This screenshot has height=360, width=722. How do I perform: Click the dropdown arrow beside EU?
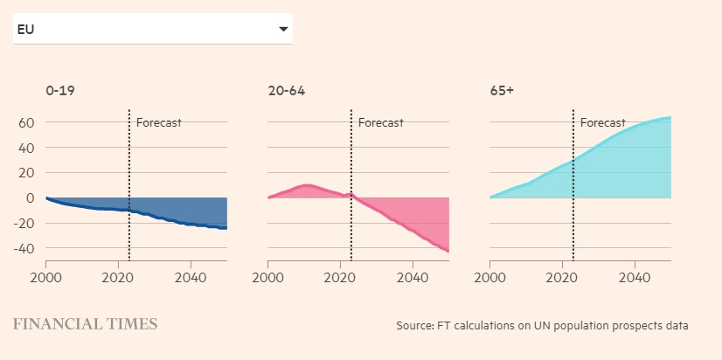[x=283, y=30]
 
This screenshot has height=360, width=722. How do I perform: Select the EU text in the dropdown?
[x=25, y=30]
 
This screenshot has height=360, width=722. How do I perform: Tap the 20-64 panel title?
[x=287, y=91]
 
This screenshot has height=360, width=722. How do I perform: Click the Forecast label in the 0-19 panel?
[x=158, y=122]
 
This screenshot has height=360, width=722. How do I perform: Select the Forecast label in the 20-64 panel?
[x=380, y=122]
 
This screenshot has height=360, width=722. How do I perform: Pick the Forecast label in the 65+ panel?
[x=602, y=122]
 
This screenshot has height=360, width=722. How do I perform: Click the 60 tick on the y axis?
[x=25, y=122]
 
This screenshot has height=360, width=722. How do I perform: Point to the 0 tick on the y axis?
[x=29, y=198]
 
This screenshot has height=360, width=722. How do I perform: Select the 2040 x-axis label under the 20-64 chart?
[x=412, y=277]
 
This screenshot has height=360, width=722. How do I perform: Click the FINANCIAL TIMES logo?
[x=85, y=324]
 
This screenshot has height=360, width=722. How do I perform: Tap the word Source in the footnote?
[x=413, y=326]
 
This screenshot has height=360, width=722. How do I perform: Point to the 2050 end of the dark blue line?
[x=226, y=228]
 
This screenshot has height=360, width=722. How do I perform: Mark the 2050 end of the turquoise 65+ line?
[x=670, y=117]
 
